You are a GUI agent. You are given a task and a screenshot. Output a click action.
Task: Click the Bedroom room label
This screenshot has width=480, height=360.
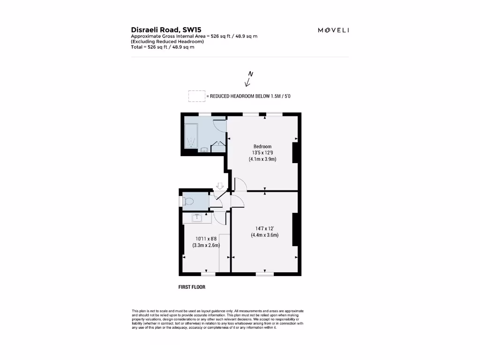click(262, 146)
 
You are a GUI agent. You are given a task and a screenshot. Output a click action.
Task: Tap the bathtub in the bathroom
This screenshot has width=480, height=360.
click(192, 135)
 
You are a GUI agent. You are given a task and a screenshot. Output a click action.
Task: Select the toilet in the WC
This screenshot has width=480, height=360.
click(188, 201)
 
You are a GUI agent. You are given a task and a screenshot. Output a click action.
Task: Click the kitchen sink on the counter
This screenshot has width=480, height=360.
click(197, 217)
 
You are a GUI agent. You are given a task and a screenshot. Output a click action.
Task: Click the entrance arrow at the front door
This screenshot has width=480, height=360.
click(220, 186)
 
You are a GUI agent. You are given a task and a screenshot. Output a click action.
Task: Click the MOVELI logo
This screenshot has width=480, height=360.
click(333, 30)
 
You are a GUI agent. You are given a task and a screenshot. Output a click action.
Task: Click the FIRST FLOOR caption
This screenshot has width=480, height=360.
click(192, 287)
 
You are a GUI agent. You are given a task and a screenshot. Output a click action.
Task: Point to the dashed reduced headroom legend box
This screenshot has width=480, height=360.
click(196, 96)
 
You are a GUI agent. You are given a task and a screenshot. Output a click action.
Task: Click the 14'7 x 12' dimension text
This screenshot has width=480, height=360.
click(264, 228)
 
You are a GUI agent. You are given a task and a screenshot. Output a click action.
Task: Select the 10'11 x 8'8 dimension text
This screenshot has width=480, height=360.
click(206, 238)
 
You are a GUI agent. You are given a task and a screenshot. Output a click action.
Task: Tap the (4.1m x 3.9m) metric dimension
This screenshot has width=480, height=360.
click(262, 159)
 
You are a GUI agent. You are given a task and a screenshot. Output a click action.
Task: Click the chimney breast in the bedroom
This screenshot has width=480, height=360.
click(295, 153)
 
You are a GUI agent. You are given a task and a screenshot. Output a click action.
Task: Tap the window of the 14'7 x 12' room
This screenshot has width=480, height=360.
click(265, 274)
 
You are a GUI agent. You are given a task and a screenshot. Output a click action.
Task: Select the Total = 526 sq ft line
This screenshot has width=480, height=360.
click(162, 47)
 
